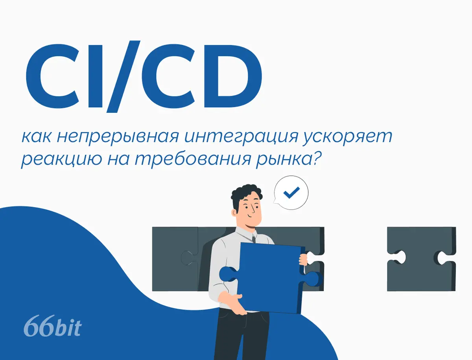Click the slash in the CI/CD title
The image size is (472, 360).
coord(124,77)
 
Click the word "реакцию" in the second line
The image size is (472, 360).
coord(61,160)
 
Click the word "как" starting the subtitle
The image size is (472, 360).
coord(37,137)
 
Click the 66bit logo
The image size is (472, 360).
coord(53,326)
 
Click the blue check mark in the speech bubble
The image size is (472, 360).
coord(291,193)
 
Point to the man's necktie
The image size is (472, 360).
coord(254,239)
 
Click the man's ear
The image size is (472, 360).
coord(234,213)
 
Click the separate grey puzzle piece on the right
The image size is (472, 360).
coord(422,259)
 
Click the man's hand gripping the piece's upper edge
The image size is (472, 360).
coord(303,260)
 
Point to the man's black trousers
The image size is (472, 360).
coord(242,335)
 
